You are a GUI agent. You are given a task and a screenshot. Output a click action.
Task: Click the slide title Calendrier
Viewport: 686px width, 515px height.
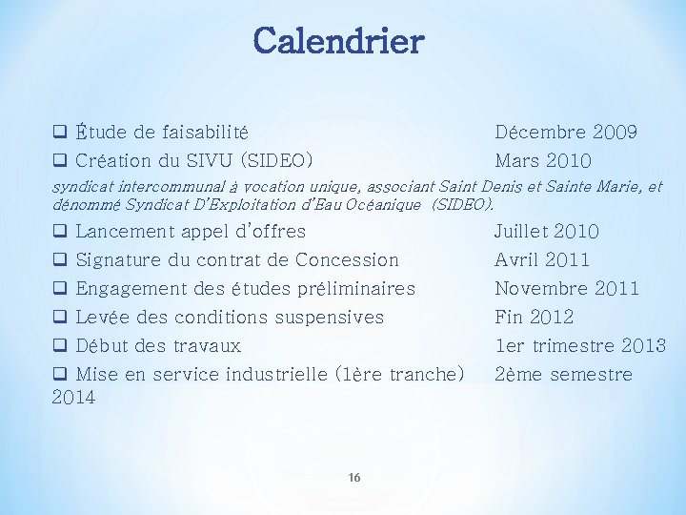point(338,41)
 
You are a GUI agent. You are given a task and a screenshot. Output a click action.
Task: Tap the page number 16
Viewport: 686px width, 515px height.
point(353,478)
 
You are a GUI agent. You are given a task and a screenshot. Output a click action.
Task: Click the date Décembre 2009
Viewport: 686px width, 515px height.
point(566,133)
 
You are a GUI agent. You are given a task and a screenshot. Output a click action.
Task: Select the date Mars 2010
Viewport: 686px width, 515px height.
point(542,161)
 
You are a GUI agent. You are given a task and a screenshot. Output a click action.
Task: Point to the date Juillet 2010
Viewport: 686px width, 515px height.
point(546,232)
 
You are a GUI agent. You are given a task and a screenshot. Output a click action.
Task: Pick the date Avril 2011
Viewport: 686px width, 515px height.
point(542,260)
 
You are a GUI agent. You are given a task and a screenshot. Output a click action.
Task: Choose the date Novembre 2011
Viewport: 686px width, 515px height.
point(567,289)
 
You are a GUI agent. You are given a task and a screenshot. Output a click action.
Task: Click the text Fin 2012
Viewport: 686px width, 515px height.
point(534,318)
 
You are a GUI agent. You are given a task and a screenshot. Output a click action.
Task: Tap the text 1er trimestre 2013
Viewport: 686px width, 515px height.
point(579,346)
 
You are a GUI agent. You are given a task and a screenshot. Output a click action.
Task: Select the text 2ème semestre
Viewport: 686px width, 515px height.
point(563,375)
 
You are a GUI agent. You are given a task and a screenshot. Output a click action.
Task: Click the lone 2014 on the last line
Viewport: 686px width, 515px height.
point(73,398)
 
